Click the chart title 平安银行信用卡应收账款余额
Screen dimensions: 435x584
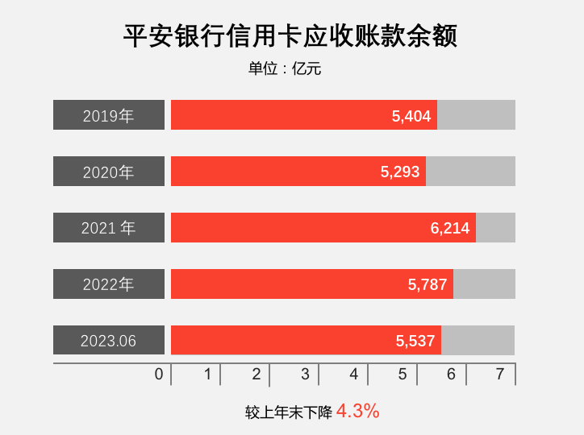[x=291, y=36]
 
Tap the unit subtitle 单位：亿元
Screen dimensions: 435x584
[x=285, y=69]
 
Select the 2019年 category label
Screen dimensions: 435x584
[x=109, y=115]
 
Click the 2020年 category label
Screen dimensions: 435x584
[x=109, y=172]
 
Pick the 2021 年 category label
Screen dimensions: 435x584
[x=109, y=228]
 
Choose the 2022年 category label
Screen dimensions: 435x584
[x=109, y=284]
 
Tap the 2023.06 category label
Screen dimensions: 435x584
[x=109, y=341]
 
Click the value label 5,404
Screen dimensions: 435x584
[x=411, y=116]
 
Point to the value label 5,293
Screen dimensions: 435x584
[x=400, y=172]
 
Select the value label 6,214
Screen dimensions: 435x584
[x=450, y=229]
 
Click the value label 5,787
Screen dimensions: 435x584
[x=428, y=285]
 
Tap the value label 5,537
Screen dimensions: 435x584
[x=415, y=342]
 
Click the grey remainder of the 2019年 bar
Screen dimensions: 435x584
[x=476, y=115]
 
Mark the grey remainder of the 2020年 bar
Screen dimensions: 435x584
[x=470, y=172]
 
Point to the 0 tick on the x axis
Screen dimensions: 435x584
[x=159, y=375]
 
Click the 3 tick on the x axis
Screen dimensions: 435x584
[x=305, y=375]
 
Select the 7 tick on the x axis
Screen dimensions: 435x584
[x=500, y=375]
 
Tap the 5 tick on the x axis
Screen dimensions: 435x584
[x=403, y=375]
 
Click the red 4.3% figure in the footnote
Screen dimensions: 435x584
[x=357, y=412]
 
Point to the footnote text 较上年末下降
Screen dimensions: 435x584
[x=289, y=412]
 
